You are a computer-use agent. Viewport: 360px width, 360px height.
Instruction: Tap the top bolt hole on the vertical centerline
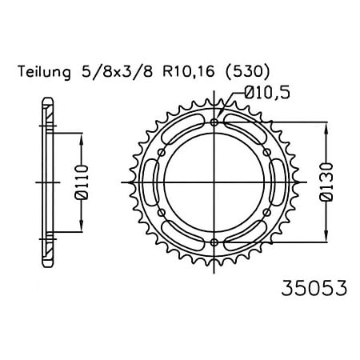coord(214,123)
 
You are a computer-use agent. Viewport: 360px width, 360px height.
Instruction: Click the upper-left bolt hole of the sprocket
coord(162,153)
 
